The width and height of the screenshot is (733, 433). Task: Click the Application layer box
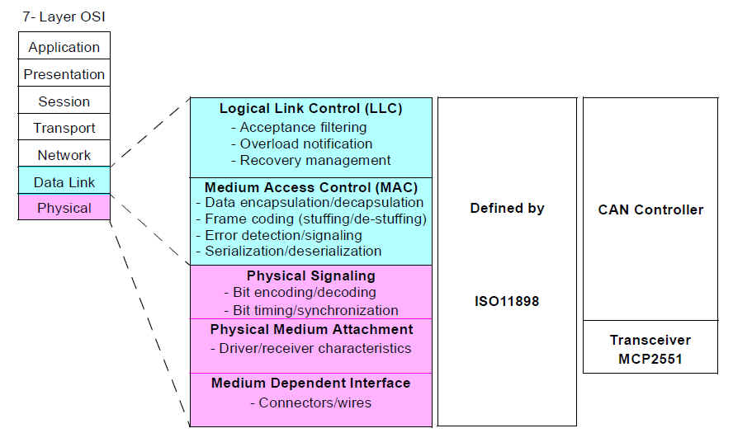tap(64, 46)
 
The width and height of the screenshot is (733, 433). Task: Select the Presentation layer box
tap(64, 73)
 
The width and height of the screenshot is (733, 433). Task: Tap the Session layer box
tap(64, 100)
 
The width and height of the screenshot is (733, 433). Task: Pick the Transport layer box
tap(64, 127)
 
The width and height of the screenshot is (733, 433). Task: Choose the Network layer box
tap(64, 153)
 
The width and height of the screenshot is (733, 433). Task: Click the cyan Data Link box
tap(64, 181)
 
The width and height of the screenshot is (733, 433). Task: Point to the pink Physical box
tap(64, 207)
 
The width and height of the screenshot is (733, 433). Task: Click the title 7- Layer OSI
tap(64, 16)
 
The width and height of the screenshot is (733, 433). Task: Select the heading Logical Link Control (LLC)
tap(311, 108)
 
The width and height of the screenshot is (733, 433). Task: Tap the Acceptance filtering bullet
tap(299, 127)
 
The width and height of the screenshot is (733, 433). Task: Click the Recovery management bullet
tap(311, 160)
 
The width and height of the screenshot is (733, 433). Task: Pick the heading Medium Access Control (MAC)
tap(311, 187)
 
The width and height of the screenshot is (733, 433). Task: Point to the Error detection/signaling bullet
tap(279, 235)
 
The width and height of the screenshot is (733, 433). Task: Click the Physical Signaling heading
tap(311, 275)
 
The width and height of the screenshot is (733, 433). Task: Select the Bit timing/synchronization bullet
tap(311, 310)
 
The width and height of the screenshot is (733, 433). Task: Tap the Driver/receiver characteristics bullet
tap(311, 348)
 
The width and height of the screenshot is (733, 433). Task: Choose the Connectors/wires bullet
tap(311, 402)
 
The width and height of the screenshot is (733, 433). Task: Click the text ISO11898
tap(507, 301)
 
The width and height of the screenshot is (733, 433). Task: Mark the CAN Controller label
tap(650, 209)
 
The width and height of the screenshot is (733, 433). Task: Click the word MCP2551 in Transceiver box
tap(650, 360)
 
